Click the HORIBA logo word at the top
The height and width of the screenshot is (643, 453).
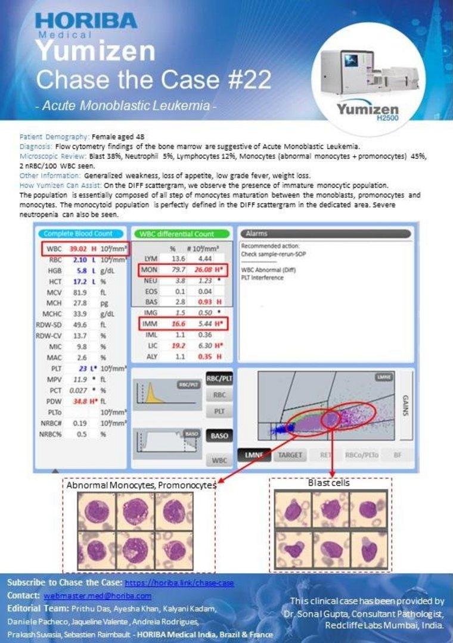point(86,21)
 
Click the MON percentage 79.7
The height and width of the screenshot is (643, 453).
point(172,270)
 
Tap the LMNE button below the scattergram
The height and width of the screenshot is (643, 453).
point(254,455)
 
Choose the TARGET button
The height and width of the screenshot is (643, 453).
point(288,455)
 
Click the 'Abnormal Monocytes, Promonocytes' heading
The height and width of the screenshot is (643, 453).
point(141,485)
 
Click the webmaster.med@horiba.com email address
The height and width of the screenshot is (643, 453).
point(98,595)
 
